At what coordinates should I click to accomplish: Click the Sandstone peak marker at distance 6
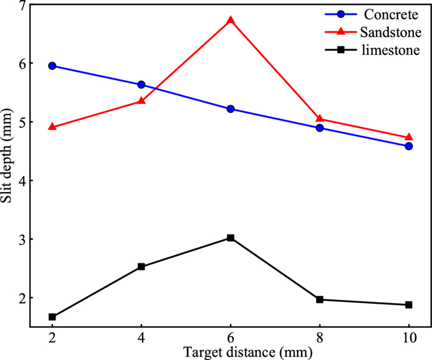(231, 20)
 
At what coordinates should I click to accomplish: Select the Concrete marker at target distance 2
(52, 65)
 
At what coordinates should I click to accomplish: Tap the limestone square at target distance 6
(231, 238)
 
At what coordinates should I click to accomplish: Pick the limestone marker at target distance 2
(52, 317)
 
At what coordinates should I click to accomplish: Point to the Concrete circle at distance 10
(409, 146)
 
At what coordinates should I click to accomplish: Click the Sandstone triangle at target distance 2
(52, 127)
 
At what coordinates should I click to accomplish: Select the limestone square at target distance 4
(141, 267)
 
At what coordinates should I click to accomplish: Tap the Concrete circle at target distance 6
(231, 109)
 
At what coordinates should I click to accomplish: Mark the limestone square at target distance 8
(320, 299)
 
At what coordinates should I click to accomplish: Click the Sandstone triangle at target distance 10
(409, 137)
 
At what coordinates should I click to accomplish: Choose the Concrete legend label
(389, 14)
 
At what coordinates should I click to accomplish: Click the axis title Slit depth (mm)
(7, 163)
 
